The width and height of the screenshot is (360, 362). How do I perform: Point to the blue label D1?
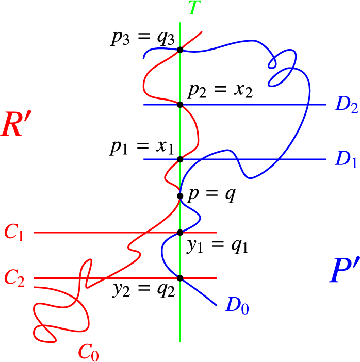click(346, 160)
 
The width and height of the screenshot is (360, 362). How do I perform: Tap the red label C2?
click(15, 278)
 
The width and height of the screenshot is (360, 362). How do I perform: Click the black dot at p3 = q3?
click(180, 50)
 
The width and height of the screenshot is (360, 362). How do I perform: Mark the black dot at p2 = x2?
click(180, 105)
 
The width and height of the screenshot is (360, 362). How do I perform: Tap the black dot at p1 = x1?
click(180, 159)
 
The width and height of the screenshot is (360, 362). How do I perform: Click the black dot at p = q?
click(180, 195)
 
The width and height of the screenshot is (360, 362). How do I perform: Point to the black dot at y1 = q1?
click(180, 233)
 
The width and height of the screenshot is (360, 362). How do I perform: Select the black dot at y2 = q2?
click(180, 278)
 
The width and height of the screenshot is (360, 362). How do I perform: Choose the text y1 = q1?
click(218, 247)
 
